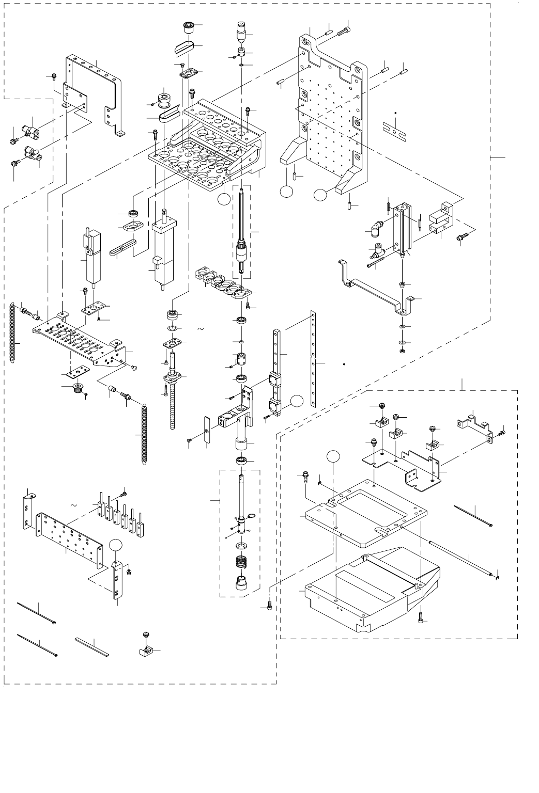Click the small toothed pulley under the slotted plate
[79, 389]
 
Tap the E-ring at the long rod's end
[497, 577]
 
